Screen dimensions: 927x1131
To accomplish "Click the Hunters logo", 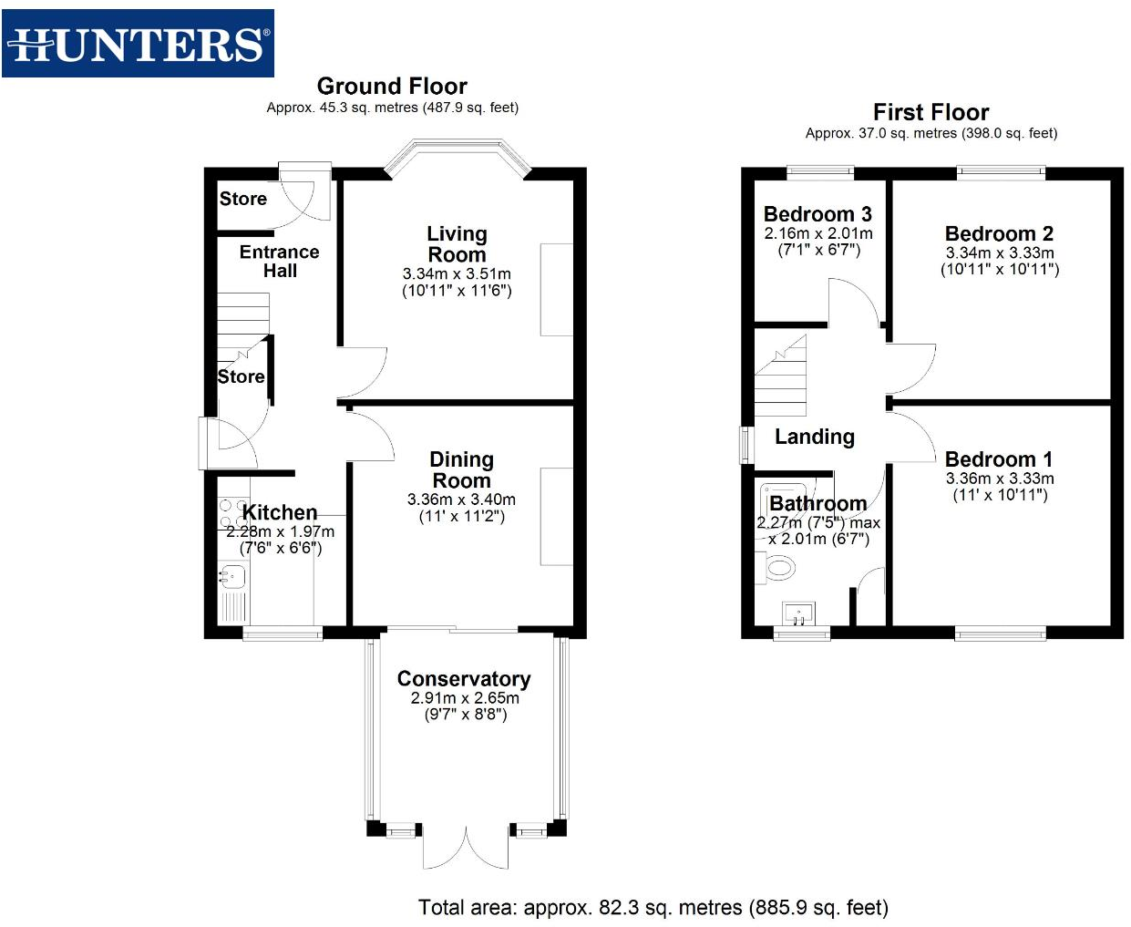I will (x=138, y=44).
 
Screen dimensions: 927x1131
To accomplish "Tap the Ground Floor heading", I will (x=392, y=87).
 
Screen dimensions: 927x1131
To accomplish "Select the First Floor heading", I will (x=931, y=112).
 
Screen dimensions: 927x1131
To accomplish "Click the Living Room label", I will (x=457, y=244).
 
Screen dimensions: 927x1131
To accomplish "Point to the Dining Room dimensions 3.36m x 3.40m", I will (x=461, y=500).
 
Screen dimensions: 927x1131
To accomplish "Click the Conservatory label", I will (x=464, y=679).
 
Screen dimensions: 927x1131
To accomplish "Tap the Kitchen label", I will (x=280, y=512).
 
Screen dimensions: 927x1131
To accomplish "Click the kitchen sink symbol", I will (x=231, y=575).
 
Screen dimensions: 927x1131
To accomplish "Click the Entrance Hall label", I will (x=280, y=261).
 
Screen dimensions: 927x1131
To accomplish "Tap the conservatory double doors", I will (x=466, y=848).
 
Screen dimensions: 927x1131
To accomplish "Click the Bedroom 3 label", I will (x=817, y=214).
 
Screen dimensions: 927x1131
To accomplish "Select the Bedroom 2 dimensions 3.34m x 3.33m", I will (x=1000, y=252).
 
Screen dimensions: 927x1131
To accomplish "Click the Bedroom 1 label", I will (x=999, y=459).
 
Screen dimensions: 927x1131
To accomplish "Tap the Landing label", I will (x=815, y=437).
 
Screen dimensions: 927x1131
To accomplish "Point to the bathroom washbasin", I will (x=798, y=613).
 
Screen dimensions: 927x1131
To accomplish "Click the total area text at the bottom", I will (x=653, y=908).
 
